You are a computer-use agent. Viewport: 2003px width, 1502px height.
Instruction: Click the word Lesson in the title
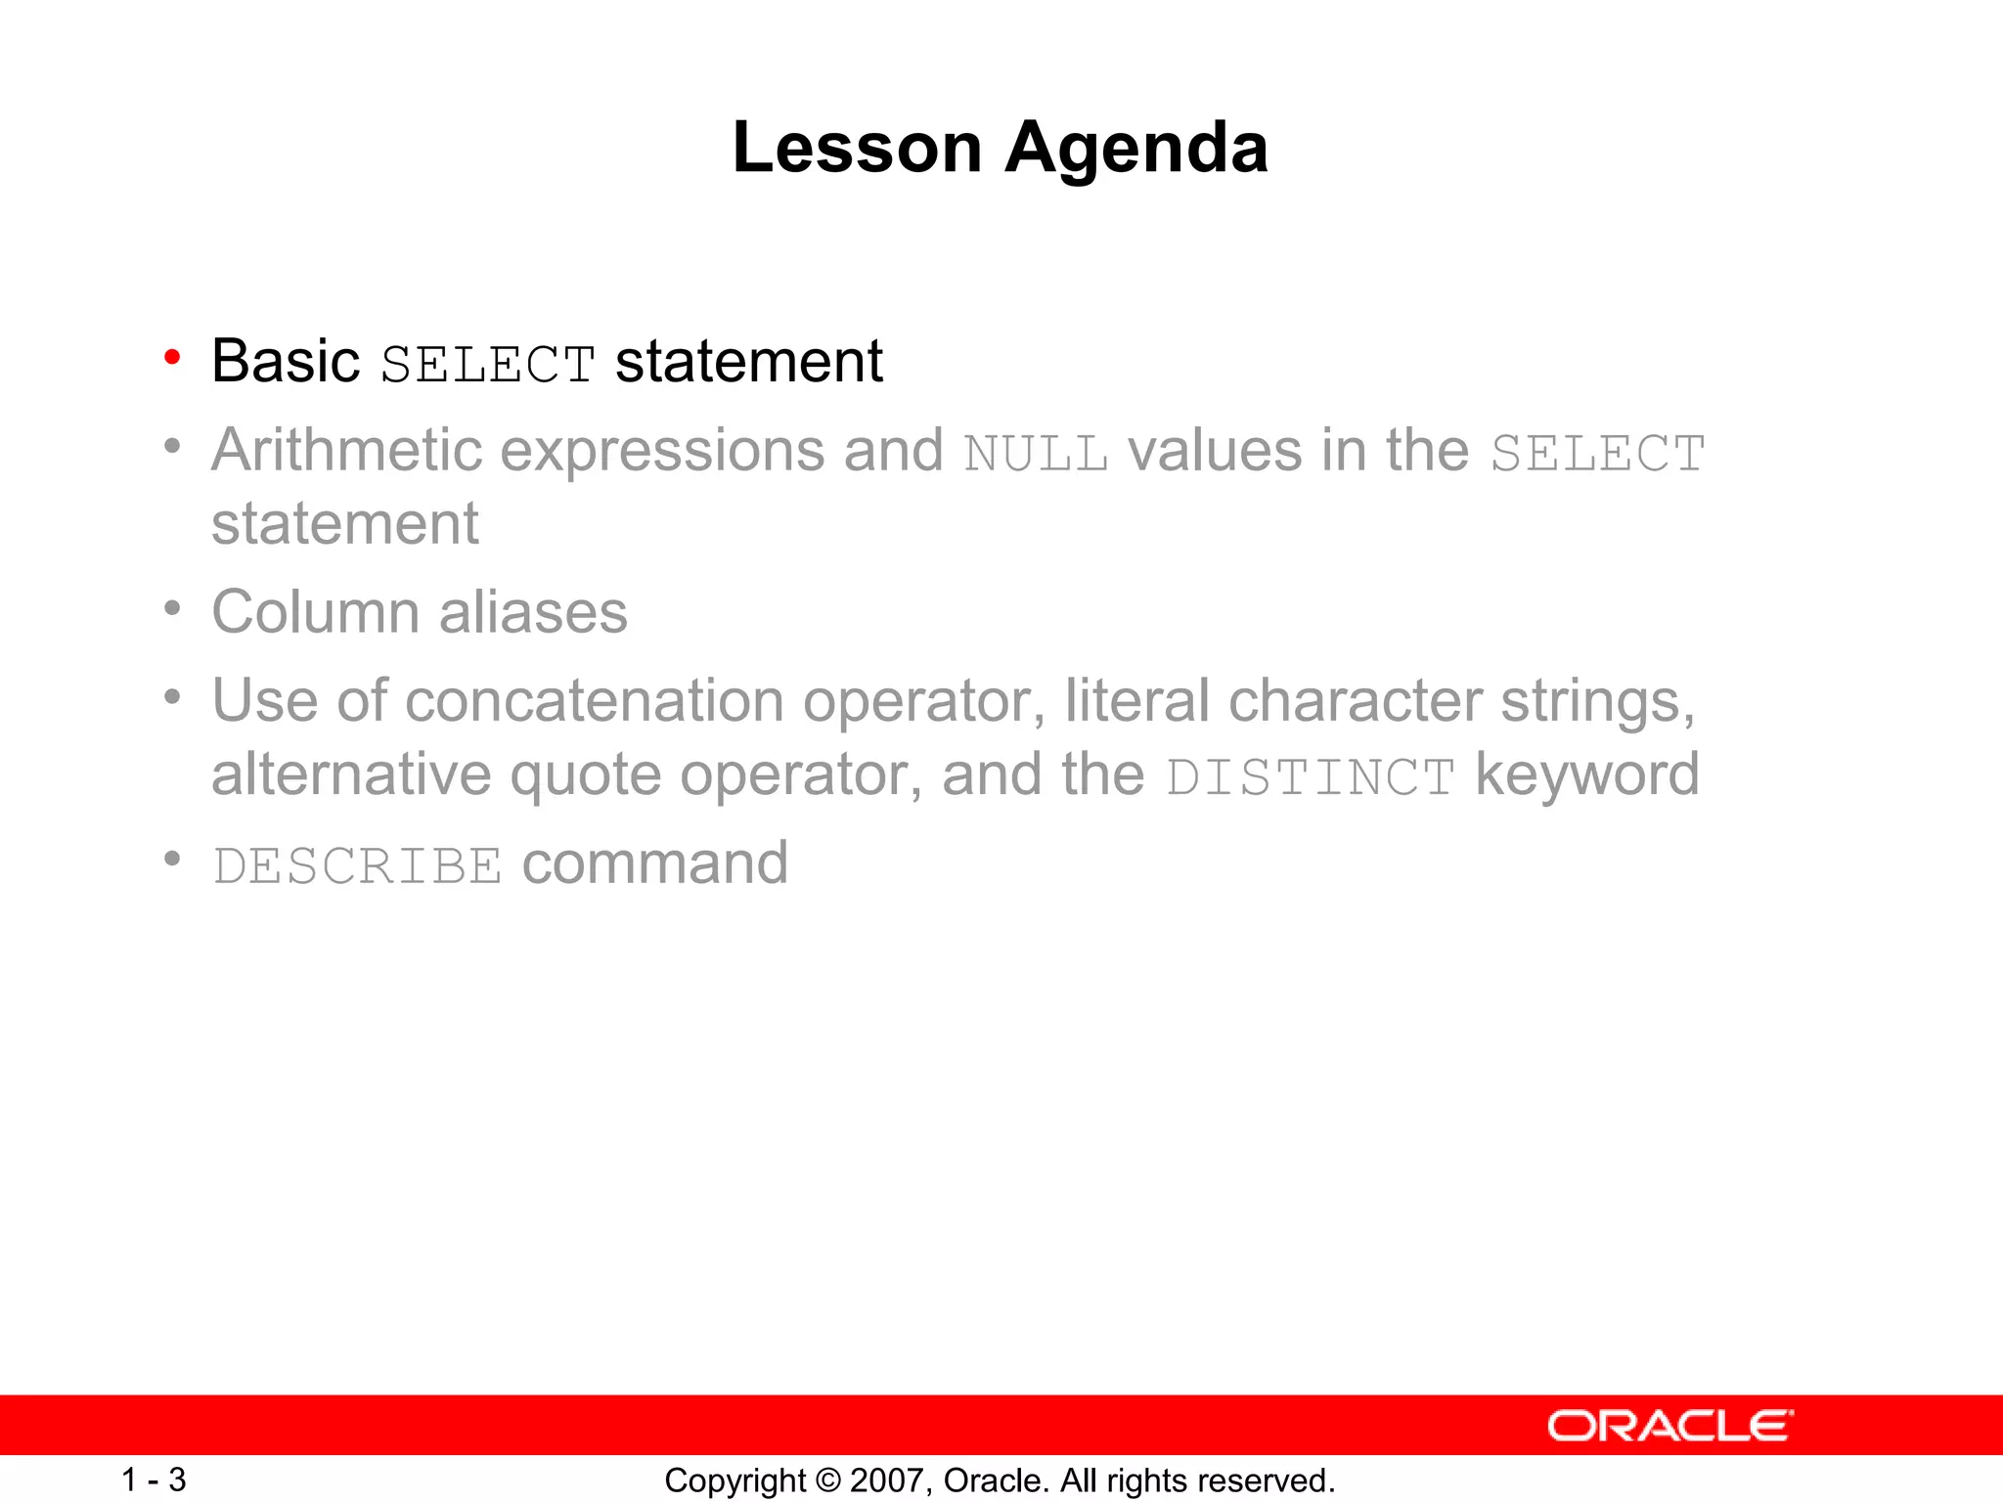(857, 148)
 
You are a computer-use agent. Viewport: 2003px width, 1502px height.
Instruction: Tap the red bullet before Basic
(172, 358)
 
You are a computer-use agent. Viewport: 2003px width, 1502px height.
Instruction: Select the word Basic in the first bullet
(286, 361)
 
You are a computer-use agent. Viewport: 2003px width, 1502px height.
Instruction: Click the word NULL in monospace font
(1036, 454)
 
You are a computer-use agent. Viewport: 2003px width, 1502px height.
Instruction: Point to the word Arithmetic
(347, 450)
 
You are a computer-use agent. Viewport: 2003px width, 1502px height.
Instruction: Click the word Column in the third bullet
(316, 612)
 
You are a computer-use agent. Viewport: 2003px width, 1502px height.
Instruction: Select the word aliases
(533, 612)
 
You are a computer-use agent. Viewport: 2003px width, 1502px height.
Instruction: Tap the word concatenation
(594, 701)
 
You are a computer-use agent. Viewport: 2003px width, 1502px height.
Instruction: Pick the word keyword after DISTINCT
(1586, 775)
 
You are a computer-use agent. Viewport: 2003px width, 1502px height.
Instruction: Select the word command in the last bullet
(654, 863)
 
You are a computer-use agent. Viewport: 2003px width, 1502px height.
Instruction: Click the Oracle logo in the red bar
(1669, 1426)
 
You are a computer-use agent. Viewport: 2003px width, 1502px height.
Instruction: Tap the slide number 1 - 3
(154, 1480)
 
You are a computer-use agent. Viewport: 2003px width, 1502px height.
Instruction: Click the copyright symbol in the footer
(827, 1480)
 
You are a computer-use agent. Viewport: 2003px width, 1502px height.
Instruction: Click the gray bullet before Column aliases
(172, 609)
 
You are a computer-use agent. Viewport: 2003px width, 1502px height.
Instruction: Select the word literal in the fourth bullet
(1136, 701)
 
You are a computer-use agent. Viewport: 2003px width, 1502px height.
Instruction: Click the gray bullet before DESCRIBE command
(172, 859)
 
